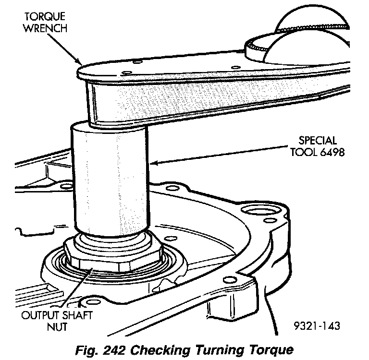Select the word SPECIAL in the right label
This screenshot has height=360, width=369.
(318, 141)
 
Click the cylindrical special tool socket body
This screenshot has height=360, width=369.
(111, 178)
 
